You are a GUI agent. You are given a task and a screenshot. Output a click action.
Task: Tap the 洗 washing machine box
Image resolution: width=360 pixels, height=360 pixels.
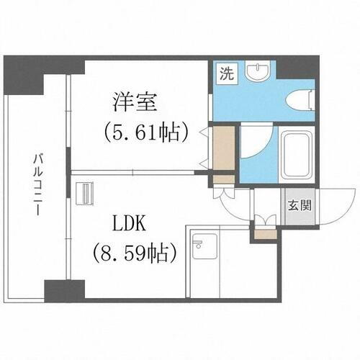[226, 73]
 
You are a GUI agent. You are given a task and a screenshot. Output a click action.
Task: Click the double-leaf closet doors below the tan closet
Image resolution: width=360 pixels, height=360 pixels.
[224, 185]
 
